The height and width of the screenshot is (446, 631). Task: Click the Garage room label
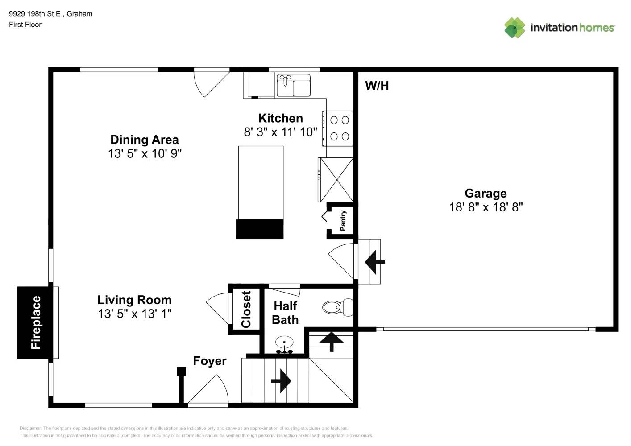tap(486, 193)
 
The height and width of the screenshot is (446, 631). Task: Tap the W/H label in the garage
tap(377, 86)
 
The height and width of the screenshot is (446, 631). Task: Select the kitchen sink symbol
tap(293, 85)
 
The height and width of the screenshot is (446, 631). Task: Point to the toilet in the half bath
tap(337, 308)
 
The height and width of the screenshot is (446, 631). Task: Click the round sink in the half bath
tap(284, 344)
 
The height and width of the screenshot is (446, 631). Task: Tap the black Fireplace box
tap(36, 322)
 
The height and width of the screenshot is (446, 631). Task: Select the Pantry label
tap(343, 220)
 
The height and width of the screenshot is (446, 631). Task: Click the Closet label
tap(246, 309)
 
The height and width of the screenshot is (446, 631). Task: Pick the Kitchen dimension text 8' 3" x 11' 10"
tap(280, 132)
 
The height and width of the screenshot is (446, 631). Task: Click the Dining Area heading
tap(144, 140)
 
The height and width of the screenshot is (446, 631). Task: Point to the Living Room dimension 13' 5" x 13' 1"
tap(134, 314)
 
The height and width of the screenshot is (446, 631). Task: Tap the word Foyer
tap(209, 361)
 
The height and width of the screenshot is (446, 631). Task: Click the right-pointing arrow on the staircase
tap(281, 381)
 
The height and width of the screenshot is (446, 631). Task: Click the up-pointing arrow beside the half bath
tap(331, 341)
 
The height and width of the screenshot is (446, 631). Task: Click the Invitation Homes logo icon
tap(515, 28)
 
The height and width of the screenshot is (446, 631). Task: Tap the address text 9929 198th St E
tap(35, 14)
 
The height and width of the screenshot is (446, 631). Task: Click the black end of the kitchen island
tap(260, 229)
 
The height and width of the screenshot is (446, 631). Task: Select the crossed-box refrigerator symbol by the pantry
tap(336, 179)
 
